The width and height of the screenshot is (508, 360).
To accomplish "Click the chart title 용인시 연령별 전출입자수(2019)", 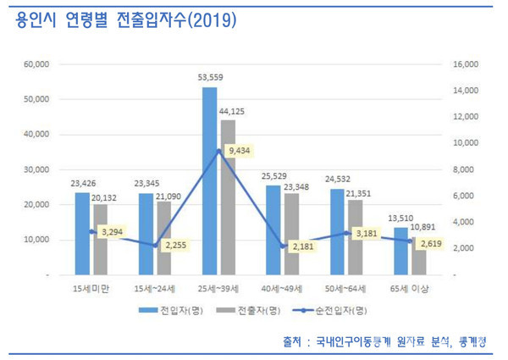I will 126,19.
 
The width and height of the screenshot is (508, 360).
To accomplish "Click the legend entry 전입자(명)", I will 174,310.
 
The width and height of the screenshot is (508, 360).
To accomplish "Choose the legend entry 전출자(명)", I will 245,310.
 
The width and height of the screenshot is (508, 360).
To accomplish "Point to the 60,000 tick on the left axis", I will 37,64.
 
